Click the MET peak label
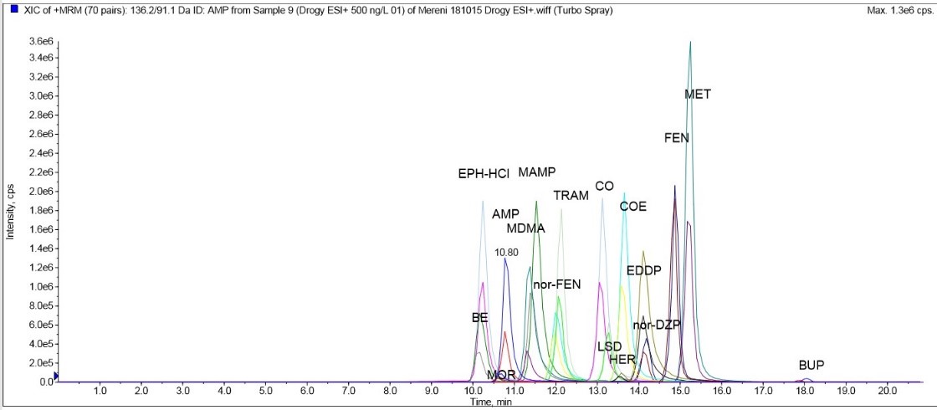pyautogui.click(x=698, y=95)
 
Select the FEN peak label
pyautogui.click(x=677, y=137)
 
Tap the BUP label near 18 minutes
pyautogui.click(x=812, y=366)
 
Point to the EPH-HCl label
pyautogui.click(x=484, y=174)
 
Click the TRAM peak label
pyautogui.click(x=571, y=196)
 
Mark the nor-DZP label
pyautogui.click(x=657, y=325)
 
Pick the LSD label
pyautogui.click(x=610, y=346)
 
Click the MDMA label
pyautogui.click(x=525, y=228)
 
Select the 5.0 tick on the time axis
pyautogui.click(x=265, y=391)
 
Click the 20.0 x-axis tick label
pyautogui.click(x=887, y=391)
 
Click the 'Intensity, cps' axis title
pyautogui.click(x=10, y=211)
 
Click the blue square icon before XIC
pyautogui.click(x=14, y=11)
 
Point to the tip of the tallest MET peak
pyautogui.click(x=690, y=42)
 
